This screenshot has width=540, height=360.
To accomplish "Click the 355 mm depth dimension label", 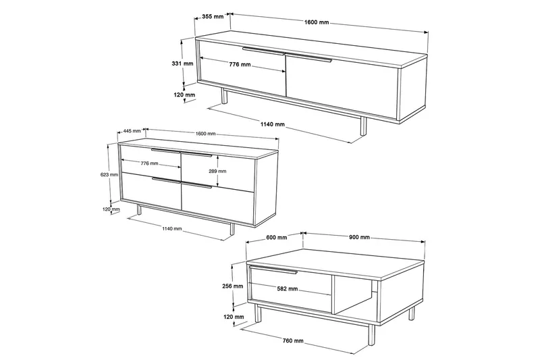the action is pos(213,16).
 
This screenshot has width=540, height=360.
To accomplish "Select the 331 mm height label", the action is pos(182,63).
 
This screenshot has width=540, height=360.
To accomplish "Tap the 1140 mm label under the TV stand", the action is pos(273,124).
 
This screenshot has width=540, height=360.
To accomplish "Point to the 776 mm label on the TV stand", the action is pos(240,64).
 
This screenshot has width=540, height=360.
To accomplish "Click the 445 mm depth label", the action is pos(132,131).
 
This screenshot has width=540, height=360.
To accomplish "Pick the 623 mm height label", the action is pos(109,175).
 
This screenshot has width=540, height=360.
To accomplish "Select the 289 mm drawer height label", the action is pos(217,171).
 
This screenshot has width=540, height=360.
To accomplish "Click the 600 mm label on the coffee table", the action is pos(276,237).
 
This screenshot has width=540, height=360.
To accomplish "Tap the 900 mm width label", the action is pos(359,237).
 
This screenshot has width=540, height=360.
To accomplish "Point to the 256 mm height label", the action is pos(232,286).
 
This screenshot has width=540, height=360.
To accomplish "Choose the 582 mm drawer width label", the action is pos(288,288).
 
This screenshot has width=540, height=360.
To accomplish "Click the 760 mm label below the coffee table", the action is pos(293,340).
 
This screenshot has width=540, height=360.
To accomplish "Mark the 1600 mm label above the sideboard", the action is pos(206,134).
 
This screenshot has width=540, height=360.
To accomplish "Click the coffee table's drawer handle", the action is pos(273,269).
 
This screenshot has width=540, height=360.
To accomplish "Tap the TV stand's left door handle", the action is pos(263,51).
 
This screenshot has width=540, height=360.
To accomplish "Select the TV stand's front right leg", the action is pos(363,126).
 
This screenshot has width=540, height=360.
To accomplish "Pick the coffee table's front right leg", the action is pos(372,334).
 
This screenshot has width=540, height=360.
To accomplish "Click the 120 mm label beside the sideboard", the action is pos(111,209).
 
